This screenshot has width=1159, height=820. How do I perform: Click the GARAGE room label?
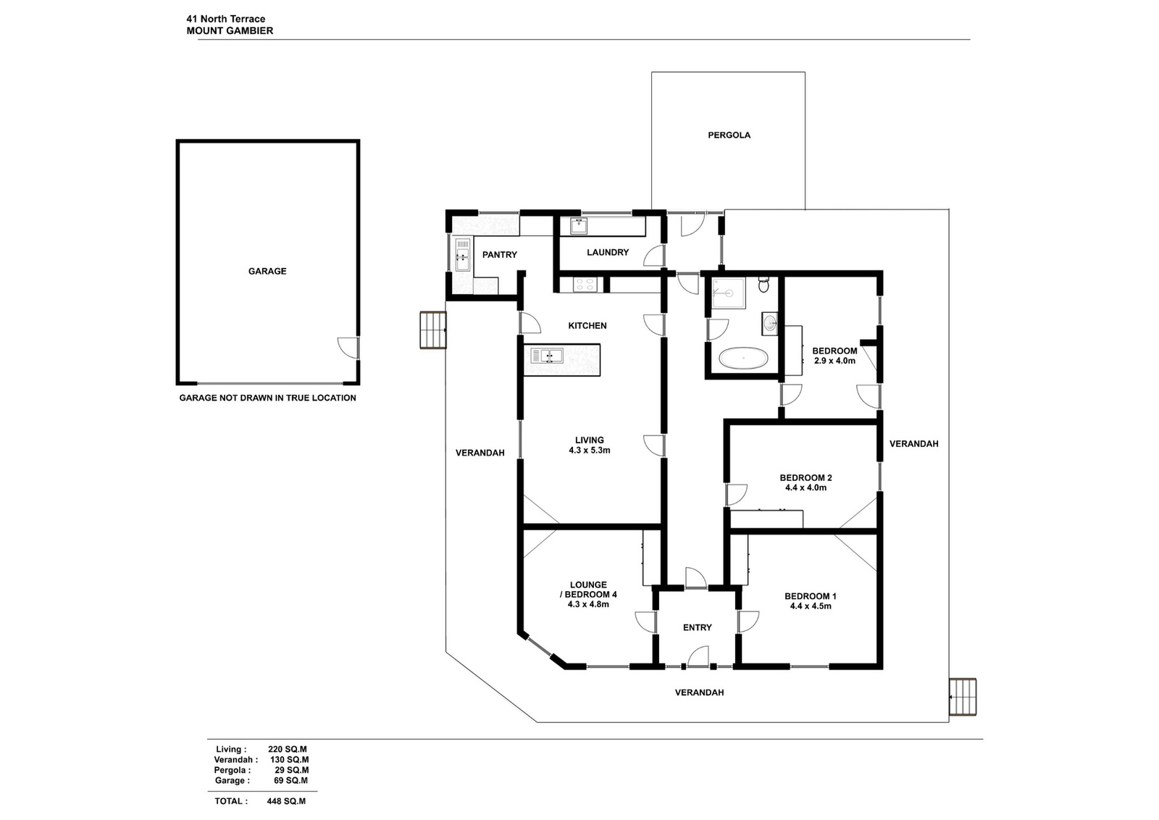(x=267, y=271)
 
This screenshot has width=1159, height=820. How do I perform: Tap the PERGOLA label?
(x=729, y=135)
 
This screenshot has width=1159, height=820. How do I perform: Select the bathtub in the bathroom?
(x=743, y=358)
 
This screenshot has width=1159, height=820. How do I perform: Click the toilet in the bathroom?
(x=763, y=285)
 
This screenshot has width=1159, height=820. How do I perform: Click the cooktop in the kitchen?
(x=585, y=285)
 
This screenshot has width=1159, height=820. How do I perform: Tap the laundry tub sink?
(x=579, y=226)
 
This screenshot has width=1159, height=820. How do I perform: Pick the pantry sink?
(x=463, y=254)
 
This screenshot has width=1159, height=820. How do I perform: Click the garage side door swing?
(x=348, y=348)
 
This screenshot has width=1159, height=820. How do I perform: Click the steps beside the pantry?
(x=433, y=330)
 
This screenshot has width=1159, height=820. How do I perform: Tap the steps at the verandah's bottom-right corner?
(x=963, y=697)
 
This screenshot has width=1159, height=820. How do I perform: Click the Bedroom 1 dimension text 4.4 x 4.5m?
(x=811, y=606)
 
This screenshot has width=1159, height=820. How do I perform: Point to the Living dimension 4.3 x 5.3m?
(x=590, y=451)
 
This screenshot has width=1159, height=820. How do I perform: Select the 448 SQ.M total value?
(x=286, y=801)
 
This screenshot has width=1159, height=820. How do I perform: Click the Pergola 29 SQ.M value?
(x=291, y=770)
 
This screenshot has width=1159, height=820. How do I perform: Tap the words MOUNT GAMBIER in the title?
(x=230, y=31)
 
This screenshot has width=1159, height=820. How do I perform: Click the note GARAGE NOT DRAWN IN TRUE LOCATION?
(x=267, y=398)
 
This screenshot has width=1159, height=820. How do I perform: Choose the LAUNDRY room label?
(x=608, y=253)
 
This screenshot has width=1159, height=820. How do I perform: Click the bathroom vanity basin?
(x=770, y=324)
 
